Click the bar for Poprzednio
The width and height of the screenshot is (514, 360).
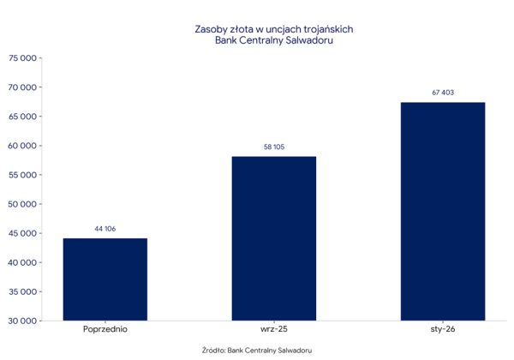pyautogui.click(x=105, y=279)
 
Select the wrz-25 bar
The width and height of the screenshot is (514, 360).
pyautogui.click(x=274, y=238)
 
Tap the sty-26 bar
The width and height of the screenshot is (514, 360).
pyautogui.click(x=442, y=211)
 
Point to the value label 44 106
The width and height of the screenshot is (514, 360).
pyautogui.click(x=105, y=229)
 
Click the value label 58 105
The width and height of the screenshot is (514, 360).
pyautogui.click(x=274, y=147)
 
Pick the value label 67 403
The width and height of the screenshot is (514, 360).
pyautogui.click(x=442, y=93)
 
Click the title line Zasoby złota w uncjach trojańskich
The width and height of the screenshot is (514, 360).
pyautogui.click(x=274, y=28)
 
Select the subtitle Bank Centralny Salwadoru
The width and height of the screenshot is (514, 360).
pyautogui.click(x=274, y=40)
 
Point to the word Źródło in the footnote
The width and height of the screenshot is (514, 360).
pyautogui.click(x=213, y=350)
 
